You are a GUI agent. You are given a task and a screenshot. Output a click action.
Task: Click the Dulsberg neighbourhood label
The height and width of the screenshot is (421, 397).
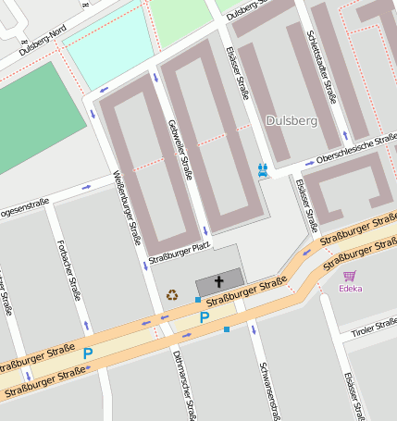point(291,121)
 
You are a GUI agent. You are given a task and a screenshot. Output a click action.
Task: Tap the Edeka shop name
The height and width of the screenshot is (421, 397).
point(351,288)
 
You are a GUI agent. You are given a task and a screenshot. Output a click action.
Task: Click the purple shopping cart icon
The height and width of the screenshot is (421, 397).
point(350,275)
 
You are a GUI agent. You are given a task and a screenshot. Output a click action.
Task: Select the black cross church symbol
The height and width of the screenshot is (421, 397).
point(219,281)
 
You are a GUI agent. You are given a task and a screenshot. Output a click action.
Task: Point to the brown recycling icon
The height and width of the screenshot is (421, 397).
point(172,296)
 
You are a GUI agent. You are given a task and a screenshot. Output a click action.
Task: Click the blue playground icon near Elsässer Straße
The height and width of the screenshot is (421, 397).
point(264,169)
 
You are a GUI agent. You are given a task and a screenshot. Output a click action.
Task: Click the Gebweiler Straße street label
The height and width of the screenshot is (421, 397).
point(180,149)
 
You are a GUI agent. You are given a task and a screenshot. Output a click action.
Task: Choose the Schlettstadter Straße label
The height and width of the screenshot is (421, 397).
point(321,66)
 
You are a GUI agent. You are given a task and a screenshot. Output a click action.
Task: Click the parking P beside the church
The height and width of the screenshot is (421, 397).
point(205,317)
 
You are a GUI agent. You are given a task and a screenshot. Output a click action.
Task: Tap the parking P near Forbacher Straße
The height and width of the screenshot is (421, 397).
point(88,353)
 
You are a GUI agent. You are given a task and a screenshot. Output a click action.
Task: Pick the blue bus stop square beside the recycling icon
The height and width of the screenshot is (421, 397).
point(198,299)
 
